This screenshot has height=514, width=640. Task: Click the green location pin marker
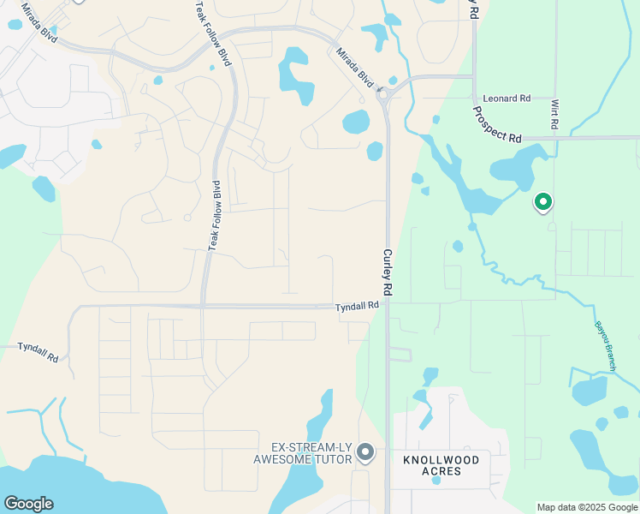coord(542,203)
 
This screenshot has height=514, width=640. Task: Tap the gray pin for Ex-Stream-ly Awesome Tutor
coord(366,451)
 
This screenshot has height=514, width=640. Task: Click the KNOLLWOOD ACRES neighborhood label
coord(441,466)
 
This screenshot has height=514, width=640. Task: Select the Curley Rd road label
coord(387,273)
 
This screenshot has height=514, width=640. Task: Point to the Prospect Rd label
coord(497,124)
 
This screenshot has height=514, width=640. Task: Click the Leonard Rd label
coord(507,99)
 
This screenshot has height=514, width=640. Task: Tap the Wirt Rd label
coord(554,113)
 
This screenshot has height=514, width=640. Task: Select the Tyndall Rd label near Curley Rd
coord(357,306)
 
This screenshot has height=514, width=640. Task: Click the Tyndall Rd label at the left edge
coord(38,351)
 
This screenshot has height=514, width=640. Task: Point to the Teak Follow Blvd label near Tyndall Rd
coord(214,215)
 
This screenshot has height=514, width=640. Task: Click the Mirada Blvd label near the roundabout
coord(355,68)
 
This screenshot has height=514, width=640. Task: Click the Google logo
coord(28,503)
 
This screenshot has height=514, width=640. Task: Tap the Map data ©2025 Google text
coord(586,507)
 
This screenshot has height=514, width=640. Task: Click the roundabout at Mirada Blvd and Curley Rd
coord(386,93)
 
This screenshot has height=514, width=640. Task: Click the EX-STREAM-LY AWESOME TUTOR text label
coord(304,453)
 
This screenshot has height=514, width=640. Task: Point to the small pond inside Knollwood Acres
coord(436,480)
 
